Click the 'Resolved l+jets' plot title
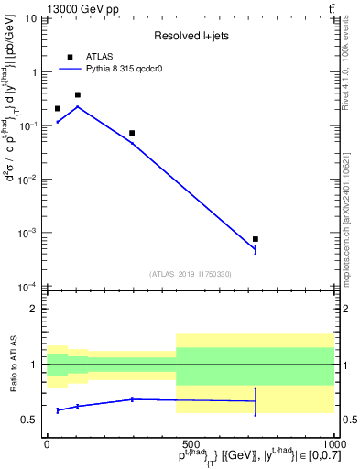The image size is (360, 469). pyautogui.click(x=191, y=37)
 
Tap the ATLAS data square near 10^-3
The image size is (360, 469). pyautogui.click(x=256, y=239)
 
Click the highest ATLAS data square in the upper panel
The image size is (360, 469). pyautogui.click(x=78, y=94)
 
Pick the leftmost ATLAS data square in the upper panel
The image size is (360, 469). pyautogui.click(x=58, y=108)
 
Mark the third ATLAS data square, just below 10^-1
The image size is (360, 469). pyautogui.click(x=132, y=133)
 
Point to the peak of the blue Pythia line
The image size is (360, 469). pyautogui.click(x=78, y=106)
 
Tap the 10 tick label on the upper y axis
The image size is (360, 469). pyautogui.click(x=31, y=18)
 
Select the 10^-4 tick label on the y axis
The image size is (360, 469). pyautogui.click(x=28, y=286)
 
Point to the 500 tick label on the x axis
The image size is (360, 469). pyautogui.click(x=190, y=444)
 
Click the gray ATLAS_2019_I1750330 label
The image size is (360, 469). pyautogui.click(x=191, y=274)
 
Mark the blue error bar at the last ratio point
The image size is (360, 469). pyautogui.click(x=256, y=401)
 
